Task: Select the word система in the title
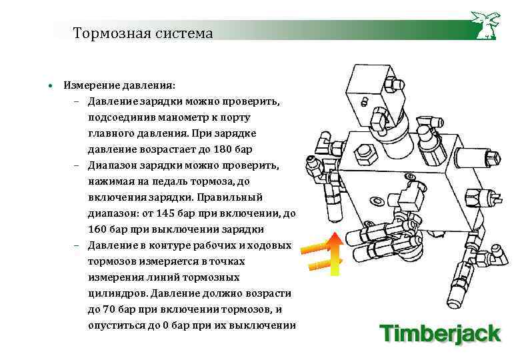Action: (183, 33)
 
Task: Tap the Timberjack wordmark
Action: (440, 331)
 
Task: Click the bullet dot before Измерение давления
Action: (49, 86)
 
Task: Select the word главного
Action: (111, 133)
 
